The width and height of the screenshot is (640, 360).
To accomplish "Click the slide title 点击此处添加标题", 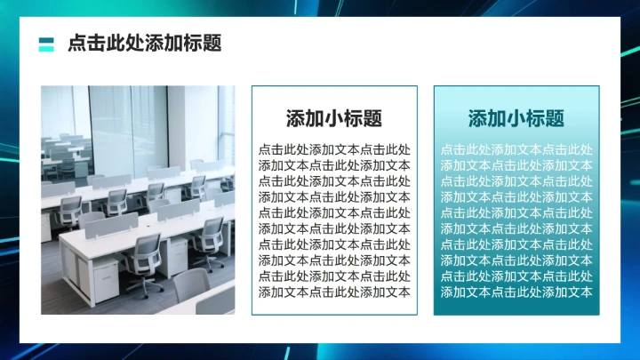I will (x=145, y=44).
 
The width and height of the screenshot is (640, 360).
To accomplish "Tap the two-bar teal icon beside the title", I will (x=46, y=44).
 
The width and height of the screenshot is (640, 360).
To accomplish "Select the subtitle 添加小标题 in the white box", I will (x=334, y=118).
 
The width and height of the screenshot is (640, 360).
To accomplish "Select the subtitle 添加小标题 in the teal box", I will (x=516, y=118).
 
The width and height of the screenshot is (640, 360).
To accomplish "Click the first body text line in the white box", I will (x=334, y=149).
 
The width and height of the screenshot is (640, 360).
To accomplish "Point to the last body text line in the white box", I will (x=334, y=292).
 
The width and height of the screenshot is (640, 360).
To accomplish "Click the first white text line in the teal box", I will (x=516, y=149).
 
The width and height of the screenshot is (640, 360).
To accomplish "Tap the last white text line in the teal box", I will (x=516, y=292).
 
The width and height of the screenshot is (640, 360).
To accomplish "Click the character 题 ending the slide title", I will (x=212, y=44).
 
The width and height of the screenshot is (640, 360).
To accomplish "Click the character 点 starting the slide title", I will (x=76, y=44).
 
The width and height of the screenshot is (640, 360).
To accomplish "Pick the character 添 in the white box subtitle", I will (x=296, y=118).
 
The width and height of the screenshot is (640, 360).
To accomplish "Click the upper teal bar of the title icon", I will (x=46, y=39).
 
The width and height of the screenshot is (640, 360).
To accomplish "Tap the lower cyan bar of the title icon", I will (x=46, y=48).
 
